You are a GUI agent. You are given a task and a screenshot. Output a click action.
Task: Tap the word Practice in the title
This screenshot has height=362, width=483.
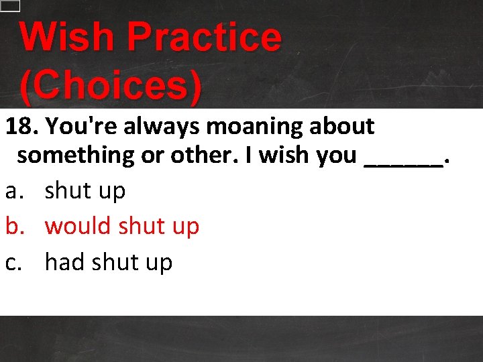coord(204,38)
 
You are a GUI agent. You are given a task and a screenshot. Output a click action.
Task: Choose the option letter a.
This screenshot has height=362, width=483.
coord(12,191)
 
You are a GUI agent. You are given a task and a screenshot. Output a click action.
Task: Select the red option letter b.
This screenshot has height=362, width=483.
coord(12,227)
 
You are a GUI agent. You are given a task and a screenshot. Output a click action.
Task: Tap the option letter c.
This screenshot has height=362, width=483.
coord(11,263)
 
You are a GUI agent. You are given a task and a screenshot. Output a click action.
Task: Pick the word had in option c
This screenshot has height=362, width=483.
coord(64,262)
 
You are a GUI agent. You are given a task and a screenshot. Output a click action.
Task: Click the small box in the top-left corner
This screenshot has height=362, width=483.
coord(10,5)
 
